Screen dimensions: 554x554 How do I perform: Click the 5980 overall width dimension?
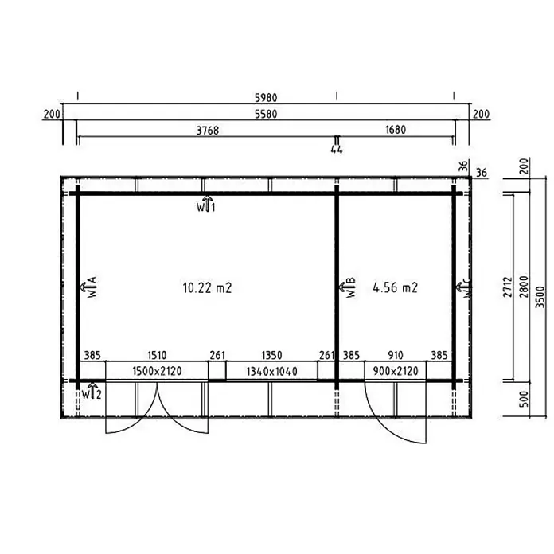(266, 98)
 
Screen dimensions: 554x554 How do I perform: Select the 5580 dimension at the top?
(266, 114)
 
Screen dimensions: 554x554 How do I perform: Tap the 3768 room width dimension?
(208, 131)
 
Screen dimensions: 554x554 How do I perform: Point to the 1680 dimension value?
(396, 130)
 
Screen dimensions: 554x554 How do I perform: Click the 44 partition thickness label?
(337, 150)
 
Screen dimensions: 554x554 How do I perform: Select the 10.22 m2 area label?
(207, 288)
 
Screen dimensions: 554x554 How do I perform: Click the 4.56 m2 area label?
(395, 287)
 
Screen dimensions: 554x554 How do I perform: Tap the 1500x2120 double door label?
(157, 371)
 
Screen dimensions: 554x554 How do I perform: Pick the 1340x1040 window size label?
(271, 372)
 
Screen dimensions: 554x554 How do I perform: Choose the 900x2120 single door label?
(396, 371)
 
